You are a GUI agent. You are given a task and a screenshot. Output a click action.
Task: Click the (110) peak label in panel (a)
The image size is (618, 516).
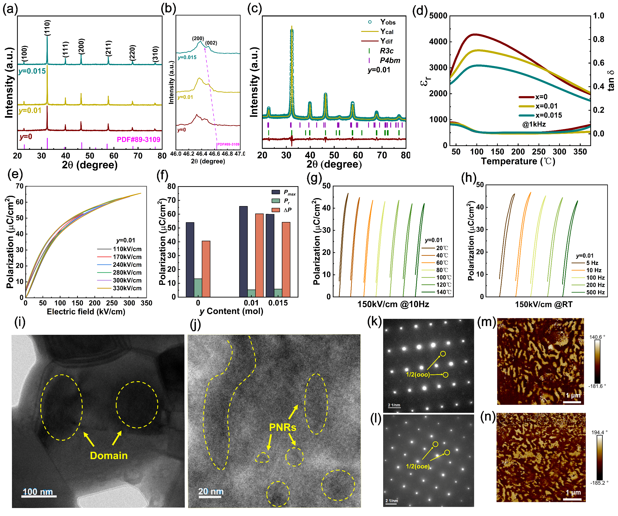[47, 28]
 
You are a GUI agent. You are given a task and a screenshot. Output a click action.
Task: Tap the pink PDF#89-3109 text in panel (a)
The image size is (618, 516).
[138, 139]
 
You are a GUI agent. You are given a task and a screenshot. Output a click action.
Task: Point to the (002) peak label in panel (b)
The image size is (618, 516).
[211, 43]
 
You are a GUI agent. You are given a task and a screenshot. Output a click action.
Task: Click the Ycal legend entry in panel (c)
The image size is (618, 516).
[387, 31]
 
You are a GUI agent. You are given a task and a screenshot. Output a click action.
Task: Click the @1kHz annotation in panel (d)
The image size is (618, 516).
[534, 124]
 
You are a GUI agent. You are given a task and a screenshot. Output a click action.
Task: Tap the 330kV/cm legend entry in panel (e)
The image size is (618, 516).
[127, 288]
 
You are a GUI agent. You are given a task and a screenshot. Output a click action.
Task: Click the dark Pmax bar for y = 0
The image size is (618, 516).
[190, 259]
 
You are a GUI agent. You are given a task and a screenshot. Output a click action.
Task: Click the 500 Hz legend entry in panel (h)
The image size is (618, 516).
[595, 292]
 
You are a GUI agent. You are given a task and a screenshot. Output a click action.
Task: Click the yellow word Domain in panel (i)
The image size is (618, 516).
[109, 456]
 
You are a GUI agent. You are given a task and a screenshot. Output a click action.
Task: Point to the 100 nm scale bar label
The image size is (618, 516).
[38, 492]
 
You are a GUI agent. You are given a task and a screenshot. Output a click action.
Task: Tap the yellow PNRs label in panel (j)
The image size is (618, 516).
[282, 427]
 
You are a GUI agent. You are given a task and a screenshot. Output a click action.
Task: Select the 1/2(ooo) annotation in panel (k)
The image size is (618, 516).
[418, 375]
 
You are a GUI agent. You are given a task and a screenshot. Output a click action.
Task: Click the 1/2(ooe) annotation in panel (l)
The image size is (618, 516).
[418, 466]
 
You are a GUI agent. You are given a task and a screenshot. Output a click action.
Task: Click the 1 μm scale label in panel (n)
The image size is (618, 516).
[573, 493]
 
